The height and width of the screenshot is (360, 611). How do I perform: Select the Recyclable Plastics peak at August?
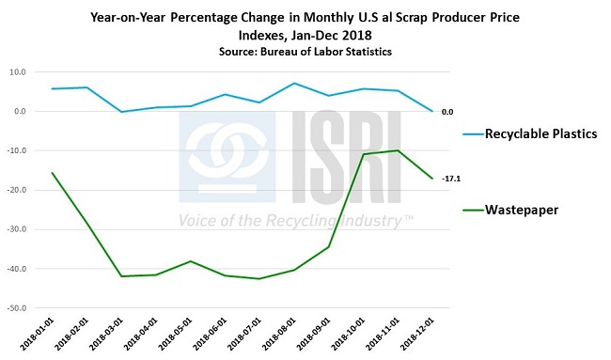[x=294, y=84]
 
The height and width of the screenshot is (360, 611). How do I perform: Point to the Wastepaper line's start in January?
[x=52, y=173]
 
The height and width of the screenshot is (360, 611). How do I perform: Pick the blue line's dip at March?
[x=120, y=112]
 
